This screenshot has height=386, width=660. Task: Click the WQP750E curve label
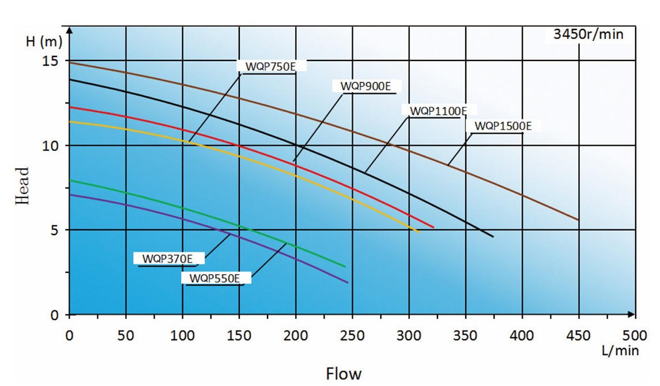coord(270,66)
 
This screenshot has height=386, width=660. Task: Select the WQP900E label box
coord(365,86)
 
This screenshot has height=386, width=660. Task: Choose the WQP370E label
coord(167,259)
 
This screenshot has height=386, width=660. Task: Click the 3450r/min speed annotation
coord(588,34)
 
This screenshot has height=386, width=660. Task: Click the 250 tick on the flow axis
coord(352,335)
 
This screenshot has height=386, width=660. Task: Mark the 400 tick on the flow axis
coord(522,335)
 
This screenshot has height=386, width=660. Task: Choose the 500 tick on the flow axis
coord(635,335)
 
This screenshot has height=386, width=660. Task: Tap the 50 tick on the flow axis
coord(126,335)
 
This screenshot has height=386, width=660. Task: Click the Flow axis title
coord(344,373)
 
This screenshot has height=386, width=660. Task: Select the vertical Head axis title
coord(22,186)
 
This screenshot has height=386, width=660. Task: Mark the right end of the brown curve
coord(578,220)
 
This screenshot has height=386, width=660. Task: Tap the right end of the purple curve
coord(348,282)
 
